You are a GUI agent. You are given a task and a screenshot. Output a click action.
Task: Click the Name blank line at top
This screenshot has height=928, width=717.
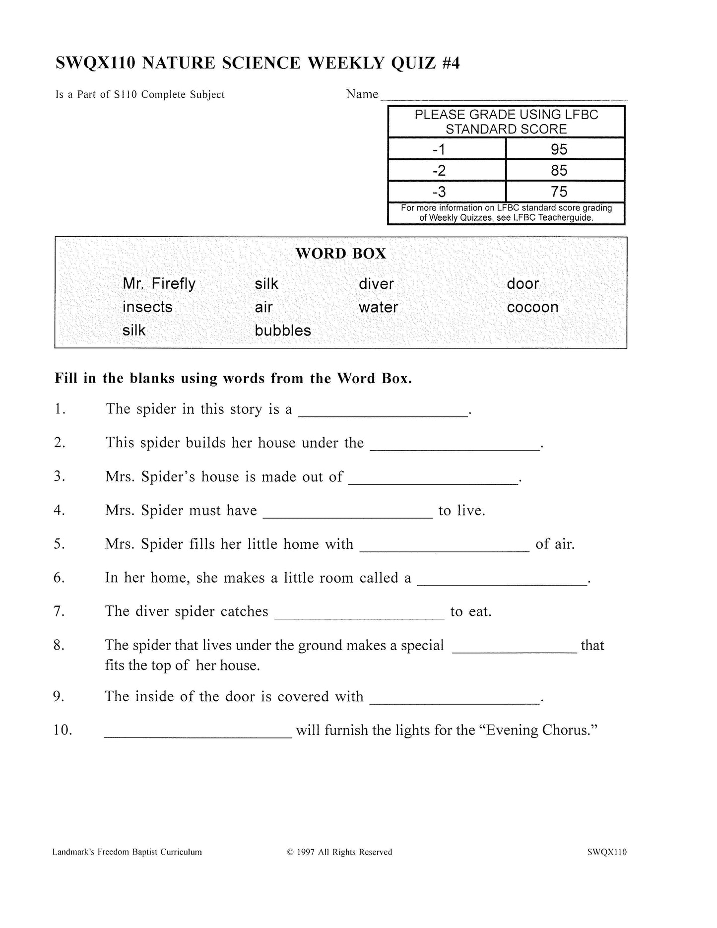tap(503, 97)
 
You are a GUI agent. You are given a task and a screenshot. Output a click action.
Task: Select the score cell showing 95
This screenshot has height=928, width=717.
tap(559, 149)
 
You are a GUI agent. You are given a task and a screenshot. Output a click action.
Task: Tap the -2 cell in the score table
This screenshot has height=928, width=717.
tap(439, 171)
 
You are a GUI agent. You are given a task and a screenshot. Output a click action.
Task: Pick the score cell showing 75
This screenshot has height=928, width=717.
tap(559, 192)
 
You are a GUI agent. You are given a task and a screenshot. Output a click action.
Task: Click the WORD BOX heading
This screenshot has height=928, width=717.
tap(340, 254)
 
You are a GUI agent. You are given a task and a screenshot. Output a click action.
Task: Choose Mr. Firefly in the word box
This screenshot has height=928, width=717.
tap(159, 284)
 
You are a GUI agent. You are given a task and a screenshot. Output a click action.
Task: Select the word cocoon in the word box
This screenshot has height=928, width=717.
tap(532, 307)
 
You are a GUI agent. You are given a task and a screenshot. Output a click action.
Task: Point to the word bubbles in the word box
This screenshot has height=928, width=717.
tap(283, 331)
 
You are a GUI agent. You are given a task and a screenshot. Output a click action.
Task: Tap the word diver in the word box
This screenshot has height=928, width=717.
tap(376, 284)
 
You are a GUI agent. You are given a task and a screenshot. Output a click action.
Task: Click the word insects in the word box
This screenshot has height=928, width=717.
tap(147, 307)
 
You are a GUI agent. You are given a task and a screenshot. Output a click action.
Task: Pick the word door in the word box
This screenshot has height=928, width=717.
tap(522, 284)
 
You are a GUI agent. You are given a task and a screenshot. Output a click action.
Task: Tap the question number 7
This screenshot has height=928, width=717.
tap(60, 611)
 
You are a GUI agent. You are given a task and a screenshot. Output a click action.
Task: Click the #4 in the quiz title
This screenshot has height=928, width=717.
tap(450, 64)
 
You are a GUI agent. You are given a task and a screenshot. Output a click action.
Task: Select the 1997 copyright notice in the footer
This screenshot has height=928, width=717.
tap(339, 852)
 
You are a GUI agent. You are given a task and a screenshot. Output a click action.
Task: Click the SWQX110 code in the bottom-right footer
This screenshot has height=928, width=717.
tap(606, 852)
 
